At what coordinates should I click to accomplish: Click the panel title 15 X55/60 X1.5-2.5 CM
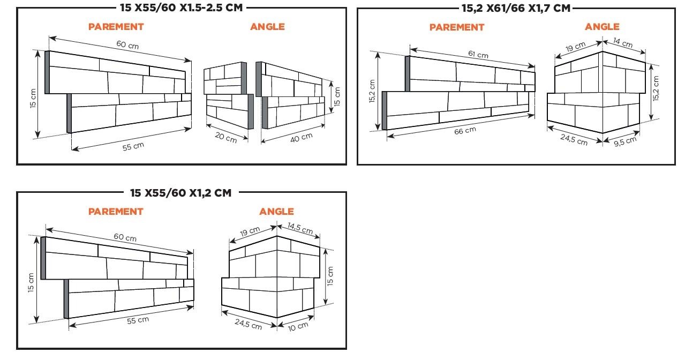pos(181,7)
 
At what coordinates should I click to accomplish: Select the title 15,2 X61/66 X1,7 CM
pos(516,8)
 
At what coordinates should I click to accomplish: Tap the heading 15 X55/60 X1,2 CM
pos(180,193)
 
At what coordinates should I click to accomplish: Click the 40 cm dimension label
pos(301,138)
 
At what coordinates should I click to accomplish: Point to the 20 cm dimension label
pos(226,137)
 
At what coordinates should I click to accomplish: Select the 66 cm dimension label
pos(465,131)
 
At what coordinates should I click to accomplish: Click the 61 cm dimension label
pos(478,54)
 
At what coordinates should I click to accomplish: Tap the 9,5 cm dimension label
pos(626,141)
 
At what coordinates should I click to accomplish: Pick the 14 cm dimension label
pos(623,43)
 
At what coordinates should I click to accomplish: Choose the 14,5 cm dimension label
pos(300,228)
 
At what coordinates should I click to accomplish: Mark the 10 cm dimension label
pos(298,326)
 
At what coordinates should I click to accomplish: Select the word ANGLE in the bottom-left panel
pos(276,212)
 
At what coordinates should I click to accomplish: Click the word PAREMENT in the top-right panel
pos(457,27)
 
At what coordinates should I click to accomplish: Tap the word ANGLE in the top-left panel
pos(267,27)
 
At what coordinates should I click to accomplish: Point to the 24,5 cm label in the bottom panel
pos(249,324)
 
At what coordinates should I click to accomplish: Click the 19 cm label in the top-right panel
pos(576,47)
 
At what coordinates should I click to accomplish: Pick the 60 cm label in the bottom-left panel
pos(125,237)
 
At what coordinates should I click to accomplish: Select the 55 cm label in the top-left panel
pos(133,146)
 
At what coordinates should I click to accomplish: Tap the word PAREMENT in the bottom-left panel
pos(116,212)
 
